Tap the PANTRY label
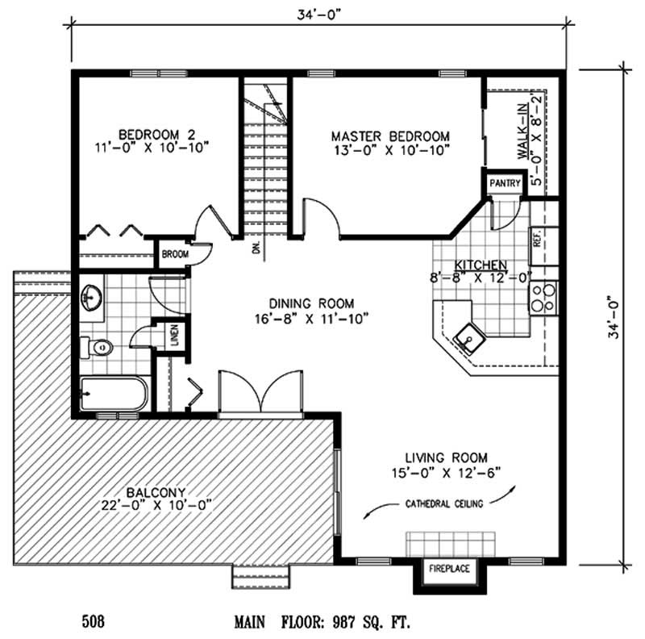click(x=504, y=183)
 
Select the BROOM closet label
click(x=174, y=254)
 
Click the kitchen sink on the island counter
click(x=467, y=336)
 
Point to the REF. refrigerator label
click(x=535, y=239)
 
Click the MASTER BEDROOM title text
click(x=390, y=136)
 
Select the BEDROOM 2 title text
click(x=152, y=133)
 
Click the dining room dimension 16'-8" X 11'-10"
click(x=310, y=318)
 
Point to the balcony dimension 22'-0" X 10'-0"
click(x=156, y=505)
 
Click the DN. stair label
click(x=256, y=248)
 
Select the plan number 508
click(x=93, y=622)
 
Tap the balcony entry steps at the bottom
click(x=259, y=577)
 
